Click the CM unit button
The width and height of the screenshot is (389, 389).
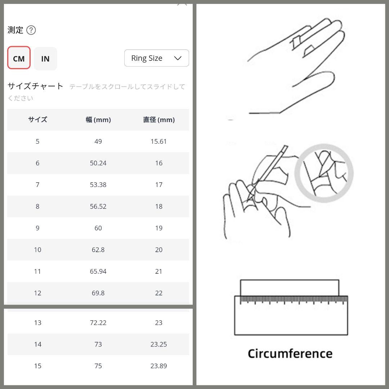[19, 58]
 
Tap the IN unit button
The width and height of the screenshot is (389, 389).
[45, 59]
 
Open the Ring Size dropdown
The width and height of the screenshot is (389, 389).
[157, 58]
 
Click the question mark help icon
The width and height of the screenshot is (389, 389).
[31, 30]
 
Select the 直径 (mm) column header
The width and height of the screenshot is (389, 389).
[159, 120]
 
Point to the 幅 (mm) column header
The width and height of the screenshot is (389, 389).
[98, 120]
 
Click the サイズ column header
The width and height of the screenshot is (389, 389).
[37, 120]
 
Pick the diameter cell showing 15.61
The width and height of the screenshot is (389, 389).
[158, 142]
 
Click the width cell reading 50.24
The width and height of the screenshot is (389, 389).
[98, 163]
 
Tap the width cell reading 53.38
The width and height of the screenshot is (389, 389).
[98, 184]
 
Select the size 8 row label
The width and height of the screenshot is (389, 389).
[37, 206]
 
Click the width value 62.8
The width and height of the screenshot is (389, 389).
[98, 250]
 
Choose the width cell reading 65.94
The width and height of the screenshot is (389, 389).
[98, 272]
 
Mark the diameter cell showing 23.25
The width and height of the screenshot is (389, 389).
[158, 344]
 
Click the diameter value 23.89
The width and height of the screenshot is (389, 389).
[158, 366]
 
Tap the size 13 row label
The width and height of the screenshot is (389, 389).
[38, 322]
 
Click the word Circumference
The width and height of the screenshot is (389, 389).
[290, 354]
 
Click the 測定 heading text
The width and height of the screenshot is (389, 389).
[15, 30]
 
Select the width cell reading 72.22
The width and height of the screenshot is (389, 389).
[98, 322]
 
